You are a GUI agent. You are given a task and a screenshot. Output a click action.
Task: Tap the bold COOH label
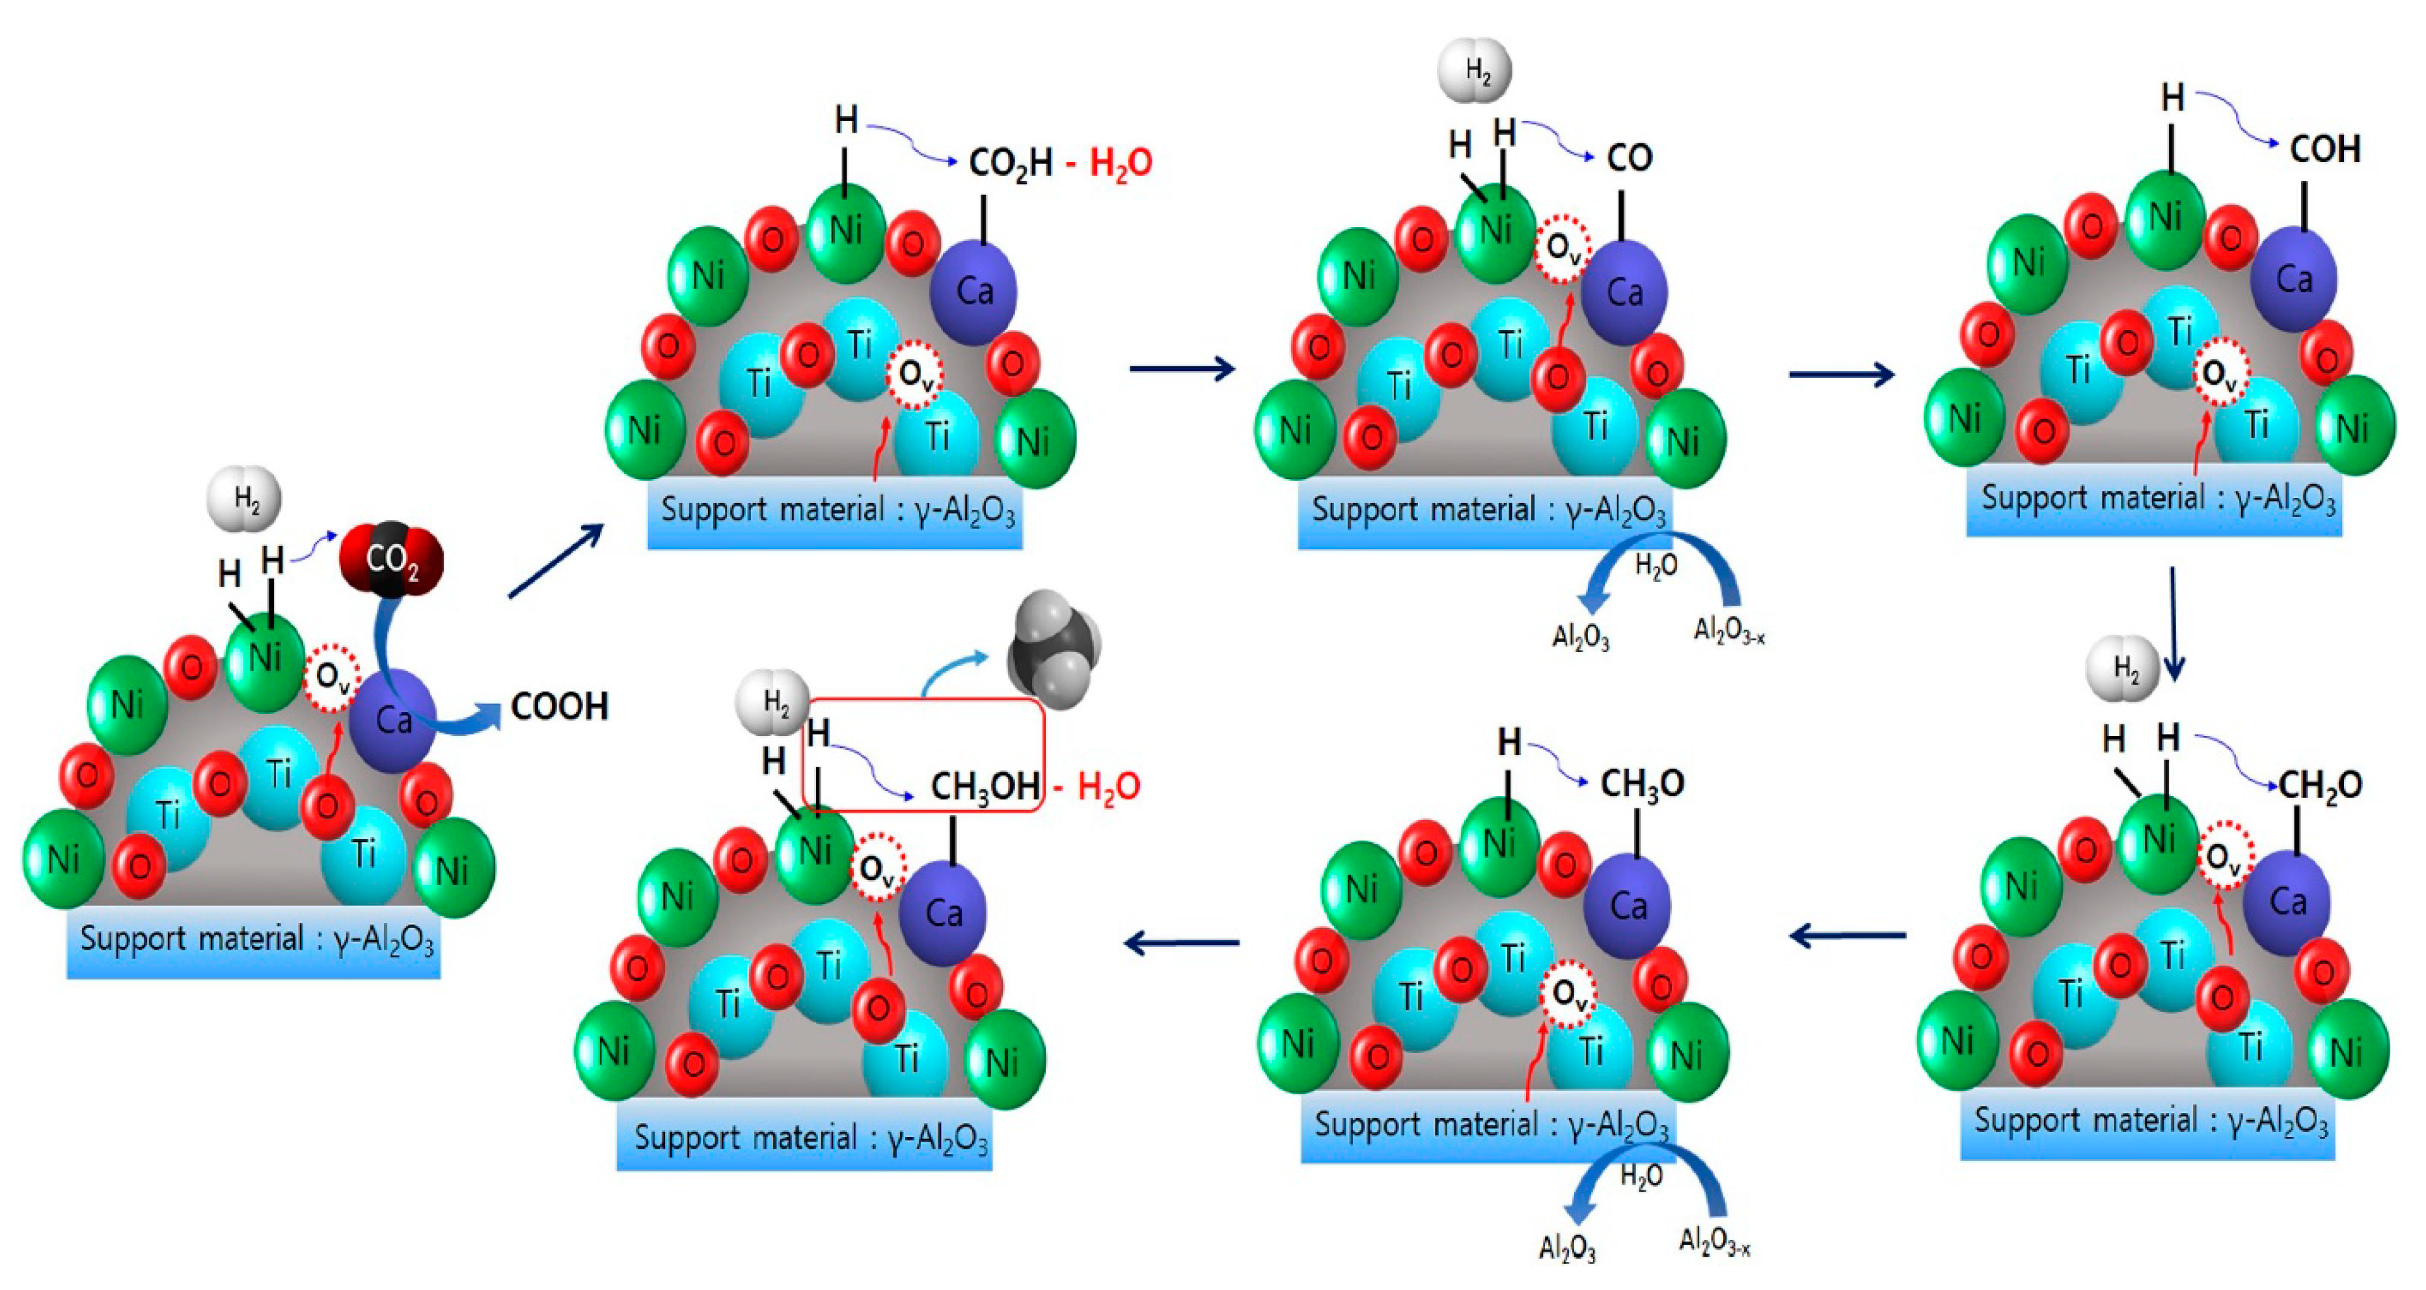[560, 707]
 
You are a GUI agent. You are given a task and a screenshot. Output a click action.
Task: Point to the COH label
[2324, 149]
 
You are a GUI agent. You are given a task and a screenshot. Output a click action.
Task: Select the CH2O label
[2319, 786]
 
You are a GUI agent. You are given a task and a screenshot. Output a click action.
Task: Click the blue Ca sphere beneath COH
[2294, 279]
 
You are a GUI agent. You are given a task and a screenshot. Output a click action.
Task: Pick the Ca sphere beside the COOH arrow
[392, 721]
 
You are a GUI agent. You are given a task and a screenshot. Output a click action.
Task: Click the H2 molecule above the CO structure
[1475, 71]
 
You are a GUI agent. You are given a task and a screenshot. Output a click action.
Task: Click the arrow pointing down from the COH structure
[2173, 624]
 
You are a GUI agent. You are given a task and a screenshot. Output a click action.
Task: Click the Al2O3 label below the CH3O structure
[1567, 1248]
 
